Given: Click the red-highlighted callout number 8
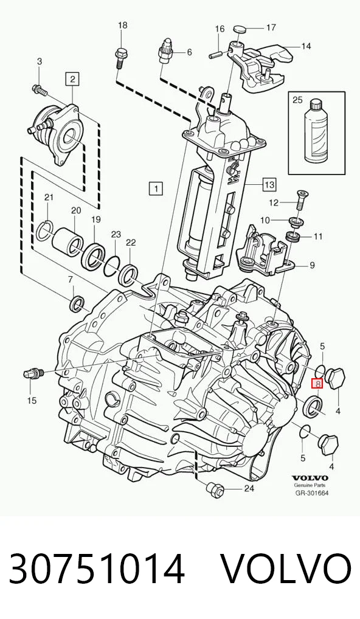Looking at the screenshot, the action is point(317,382).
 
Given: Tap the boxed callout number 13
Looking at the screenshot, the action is point(269,184).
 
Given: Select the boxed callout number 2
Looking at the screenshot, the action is point(72,79).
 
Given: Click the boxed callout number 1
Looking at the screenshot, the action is point(156,188).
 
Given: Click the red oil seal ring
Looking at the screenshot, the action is point(312,406).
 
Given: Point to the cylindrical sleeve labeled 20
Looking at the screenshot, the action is point(68,240).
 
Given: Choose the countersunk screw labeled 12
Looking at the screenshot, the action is point(299,201).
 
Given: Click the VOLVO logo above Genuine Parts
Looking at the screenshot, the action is point(310,478).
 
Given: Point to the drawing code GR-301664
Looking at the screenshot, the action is point(312,493).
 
